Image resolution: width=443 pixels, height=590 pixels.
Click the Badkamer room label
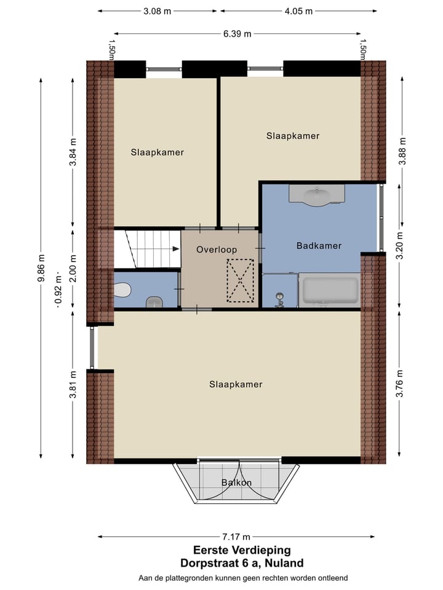click(x=319, y=246)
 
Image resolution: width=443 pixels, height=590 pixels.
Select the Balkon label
click(x=237, y=482)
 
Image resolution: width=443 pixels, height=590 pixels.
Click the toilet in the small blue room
click(x=122, y=288)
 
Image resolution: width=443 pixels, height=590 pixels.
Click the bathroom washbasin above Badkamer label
click(x=317, y=195)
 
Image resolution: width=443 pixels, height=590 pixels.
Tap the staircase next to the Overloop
click(x=148, y=249)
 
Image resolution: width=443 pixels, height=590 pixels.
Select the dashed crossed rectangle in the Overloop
click(x=241, y=280)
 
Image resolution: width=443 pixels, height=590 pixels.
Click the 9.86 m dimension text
click(x=41, y=268)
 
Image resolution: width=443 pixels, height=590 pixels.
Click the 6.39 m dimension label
click(x=237, y=34)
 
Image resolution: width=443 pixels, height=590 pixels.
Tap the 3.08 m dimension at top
click(x=158, y=11)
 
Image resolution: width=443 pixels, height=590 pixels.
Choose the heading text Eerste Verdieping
click(x=242, y=551)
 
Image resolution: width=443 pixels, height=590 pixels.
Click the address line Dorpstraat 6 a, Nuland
click(x=242, y=563)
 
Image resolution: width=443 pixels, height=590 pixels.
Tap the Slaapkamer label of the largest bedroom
click(x=236, y=385)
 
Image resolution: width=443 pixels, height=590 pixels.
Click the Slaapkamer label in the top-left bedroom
click(x=157, y=152)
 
